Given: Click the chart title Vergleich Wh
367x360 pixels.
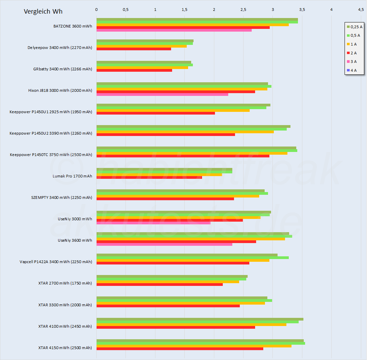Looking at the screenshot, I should tap(43, 12).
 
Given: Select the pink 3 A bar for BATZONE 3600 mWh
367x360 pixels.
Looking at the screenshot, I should tap(174, 30).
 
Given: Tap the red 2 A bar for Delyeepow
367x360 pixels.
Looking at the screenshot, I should tap(134, 49).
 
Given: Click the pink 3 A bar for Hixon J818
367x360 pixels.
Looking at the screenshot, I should tap(162, 95).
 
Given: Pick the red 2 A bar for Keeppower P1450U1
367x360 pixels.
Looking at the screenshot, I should tap(155, 113).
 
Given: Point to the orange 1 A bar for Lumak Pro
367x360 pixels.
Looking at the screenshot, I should tap(159, 174).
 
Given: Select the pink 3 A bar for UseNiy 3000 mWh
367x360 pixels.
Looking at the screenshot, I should tap(153, 223).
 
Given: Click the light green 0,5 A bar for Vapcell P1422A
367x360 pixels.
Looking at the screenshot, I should tap(193, 258).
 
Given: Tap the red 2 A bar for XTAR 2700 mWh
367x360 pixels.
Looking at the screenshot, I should tap(160, 285).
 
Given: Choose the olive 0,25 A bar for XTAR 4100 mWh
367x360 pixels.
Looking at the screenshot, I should tap(200, 319).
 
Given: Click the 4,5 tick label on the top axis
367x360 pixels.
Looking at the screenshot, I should tap(361, 10).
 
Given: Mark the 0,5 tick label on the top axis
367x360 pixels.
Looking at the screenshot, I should tap(126, 10).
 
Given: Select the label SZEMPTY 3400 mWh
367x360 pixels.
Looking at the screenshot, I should tap(62, 198).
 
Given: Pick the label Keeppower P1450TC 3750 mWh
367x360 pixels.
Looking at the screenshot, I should tap(51, 155).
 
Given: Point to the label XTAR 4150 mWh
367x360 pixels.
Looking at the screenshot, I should tap(65, 348).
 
